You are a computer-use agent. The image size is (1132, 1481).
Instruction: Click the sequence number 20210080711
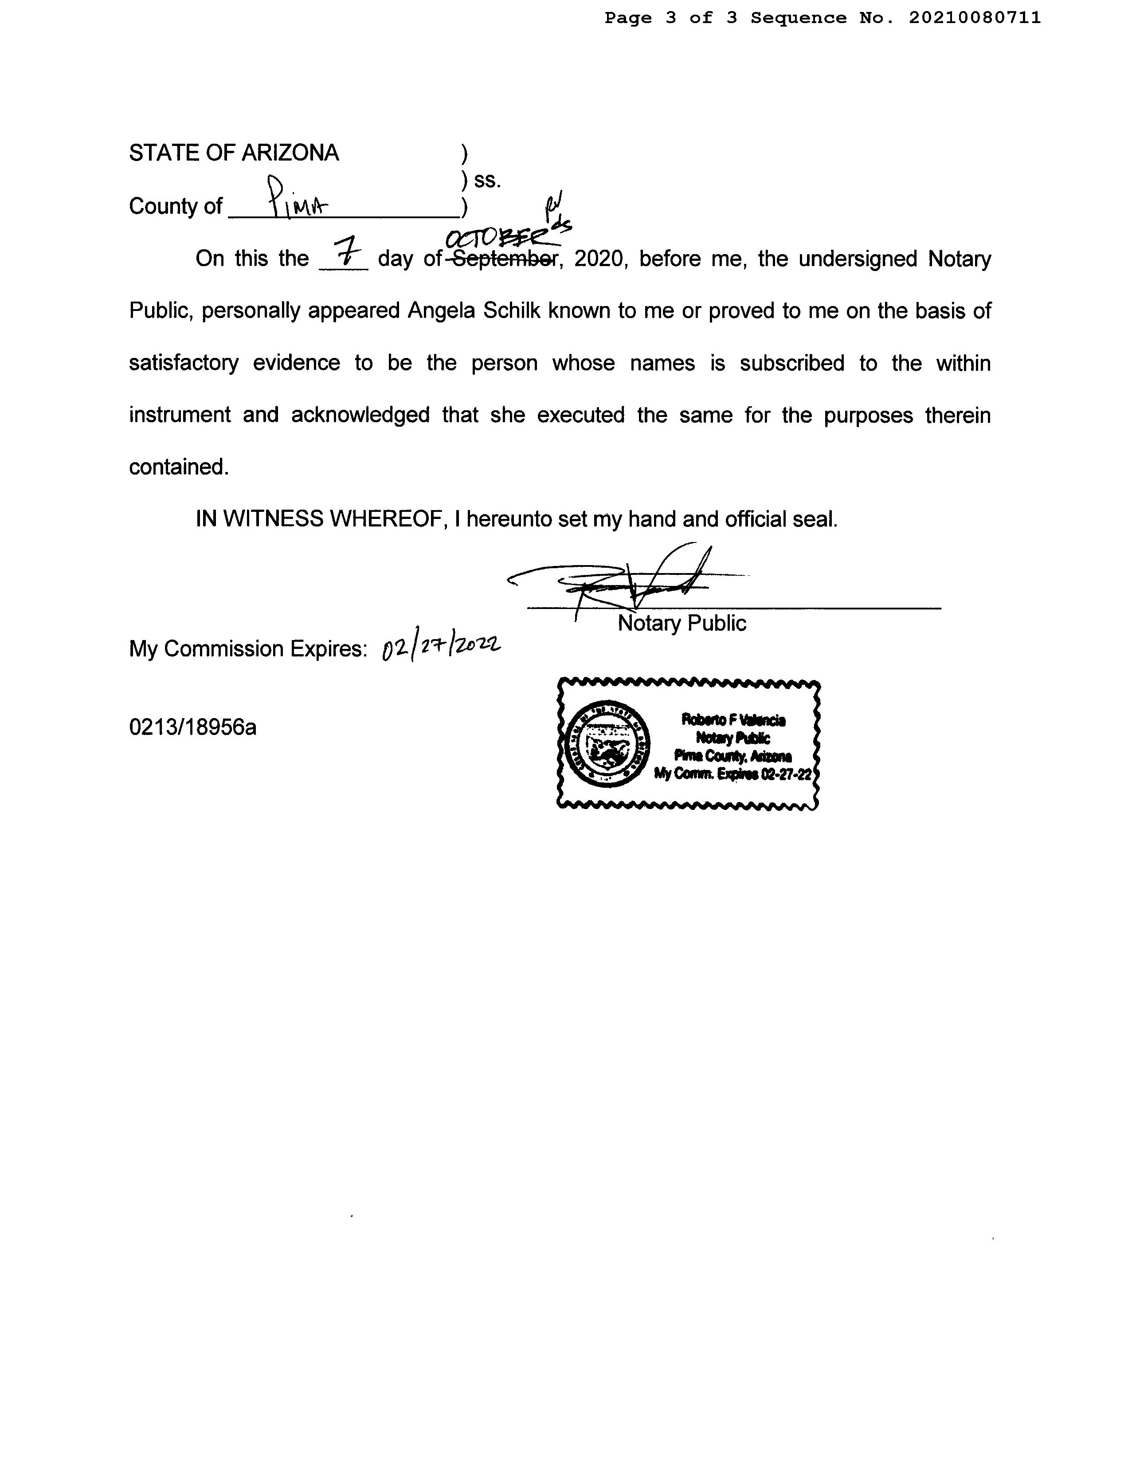974,18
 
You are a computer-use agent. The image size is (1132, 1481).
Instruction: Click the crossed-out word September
502,259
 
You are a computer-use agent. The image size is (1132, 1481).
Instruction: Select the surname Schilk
511,311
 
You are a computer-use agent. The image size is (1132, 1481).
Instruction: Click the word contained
179,467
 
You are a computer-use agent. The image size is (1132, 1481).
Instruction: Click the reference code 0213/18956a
193,727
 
